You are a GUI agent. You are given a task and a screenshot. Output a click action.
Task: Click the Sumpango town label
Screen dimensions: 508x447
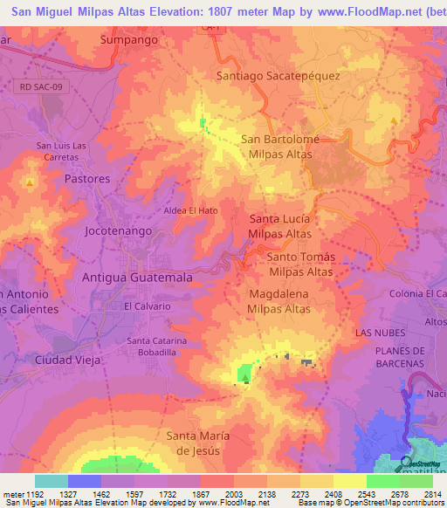[128, 40]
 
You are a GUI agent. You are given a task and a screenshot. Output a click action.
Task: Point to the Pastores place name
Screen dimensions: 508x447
[87, 178]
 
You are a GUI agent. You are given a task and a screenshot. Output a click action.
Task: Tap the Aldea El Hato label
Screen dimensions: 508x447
[190, 210]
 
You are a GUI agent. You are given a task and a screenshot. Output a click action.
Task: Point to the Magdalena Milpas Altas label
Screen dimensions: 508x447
[279, 302]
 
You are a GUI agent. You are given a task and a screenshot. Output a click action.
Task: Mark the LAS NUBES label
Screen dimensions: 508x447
[376, 333]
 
